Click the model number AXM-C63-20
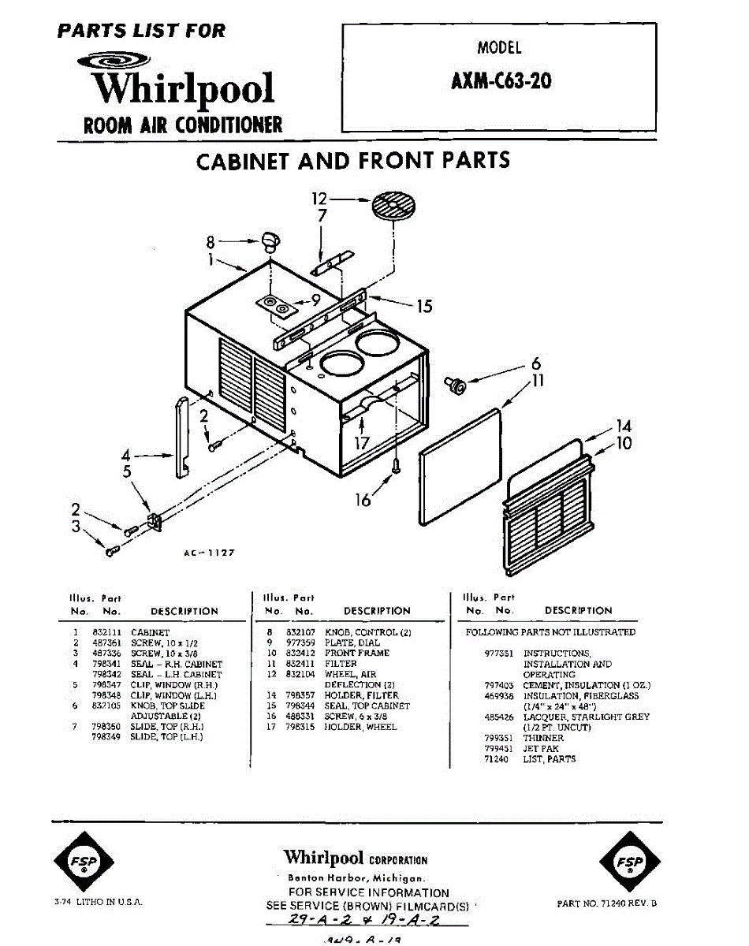pos(501,81)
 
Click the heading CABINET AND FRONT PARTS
pos(352,161)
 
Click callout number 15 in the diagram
pos(424,306)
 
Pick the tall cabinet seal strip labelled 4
pos(181,437)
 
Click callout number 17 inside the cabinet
pos(361,443)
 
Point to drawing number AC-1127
pos(208,553)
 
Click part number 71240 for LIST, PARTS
pos(496,759)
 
